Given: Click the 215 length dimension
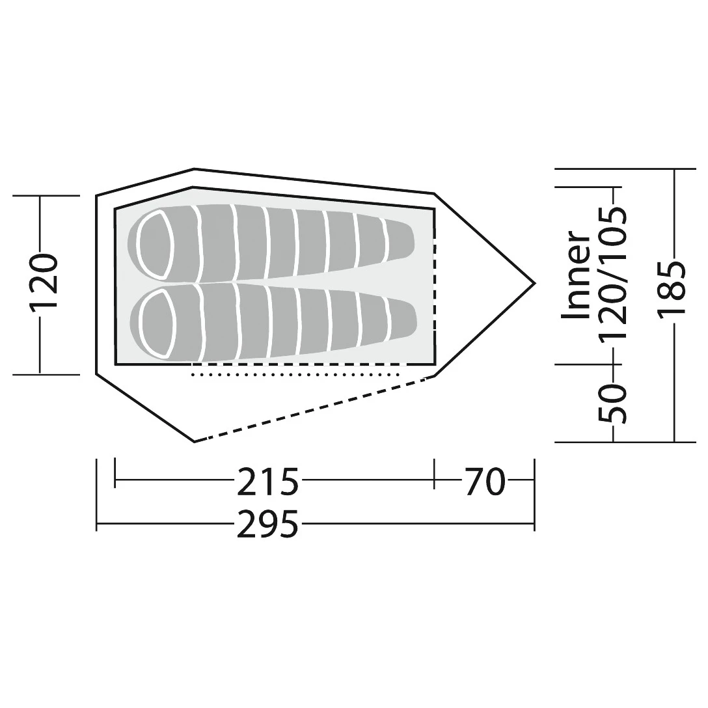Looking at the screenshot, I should (267, 482).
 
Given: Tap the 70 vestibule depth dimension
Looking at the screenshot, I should (484, 482).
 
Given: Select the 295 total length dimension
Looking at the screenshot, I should (267, 524).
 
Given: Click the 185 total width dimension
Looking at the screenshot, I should (670, 289).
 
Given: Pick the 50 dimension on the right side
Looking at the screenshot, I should (614, 403).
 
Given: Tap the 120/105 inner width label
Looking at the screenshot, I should (613, 273).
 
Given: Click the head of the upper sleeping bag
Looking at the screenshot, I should (154, 245).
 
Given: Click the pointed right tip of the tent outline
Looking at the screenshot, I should (534, 283).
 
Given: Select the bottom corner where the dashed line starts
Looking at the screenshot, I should (195, 442).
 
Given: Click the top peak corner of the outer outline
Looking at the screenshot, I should (194, 169).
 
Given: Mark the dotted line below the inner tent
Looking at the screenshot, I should (296, 375).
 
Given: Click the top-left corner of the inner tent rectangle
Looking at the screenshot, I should (115, 209).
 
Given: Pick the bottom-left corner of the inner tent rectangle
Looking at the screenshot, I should (115, 364).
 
